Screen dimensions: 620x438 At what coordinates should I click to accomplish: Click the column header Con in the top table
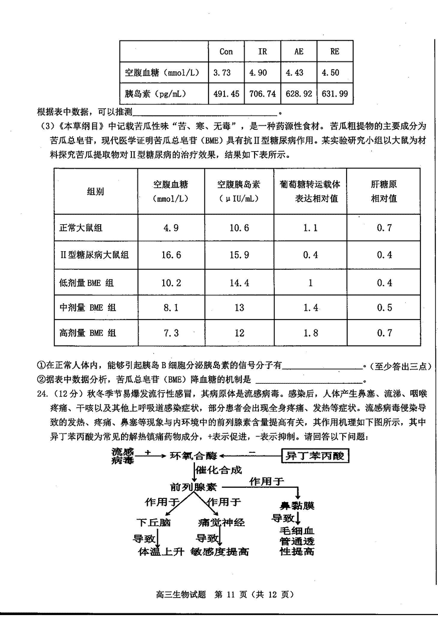226,52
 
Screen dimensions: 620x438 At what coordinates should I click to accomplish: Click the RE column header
335,52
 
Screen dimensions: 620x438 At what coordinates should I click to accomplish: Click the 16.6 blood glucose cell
172,255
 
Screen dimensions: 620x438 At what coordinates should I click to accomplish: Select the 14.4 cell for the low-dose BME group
239,283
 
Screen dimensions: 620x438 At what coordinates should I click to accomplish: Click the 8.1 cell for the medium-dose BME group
172,308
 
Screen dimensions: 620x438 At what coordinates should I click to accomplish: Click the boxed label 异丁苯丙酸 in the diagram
316,456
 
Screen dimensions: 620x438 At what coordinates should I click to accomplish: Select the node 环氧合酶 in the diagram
193,456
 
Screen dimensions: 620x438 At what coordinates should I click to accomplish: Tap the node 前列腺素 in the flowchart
193,487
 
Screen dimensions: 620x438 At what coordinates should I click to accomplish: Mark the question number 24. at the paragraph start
44,393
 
